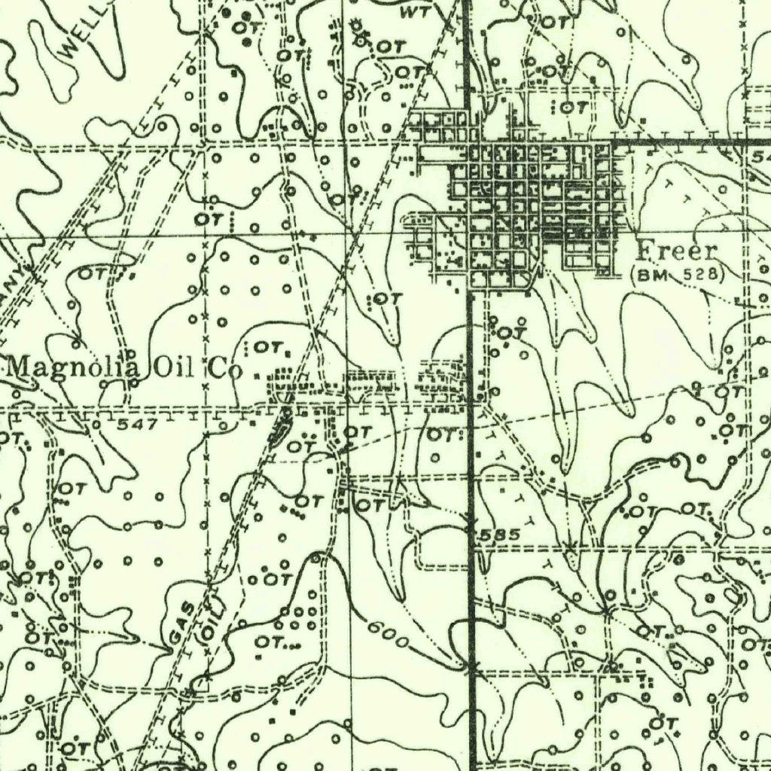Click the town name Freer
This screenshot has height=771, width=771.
pyautogui.click(x=677, y=251)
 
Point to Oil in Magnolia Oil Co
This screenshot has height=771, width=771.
pyautogui.click(x=172, y=369)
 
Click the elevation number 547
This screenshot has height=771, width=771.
pyautogui.click(x=137, y=424)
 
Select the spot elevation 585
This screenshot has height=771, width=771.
pyautogui.click(x=499, y=534)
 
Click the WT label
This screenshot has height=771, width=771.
pyautogui.click(x=413, y=13)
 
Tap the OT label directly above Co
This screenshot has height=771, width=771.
pyautogui.click(x=267, y=348)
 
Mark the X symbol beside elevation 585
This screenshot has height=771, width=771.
pyautogui.click(x=471, y=520)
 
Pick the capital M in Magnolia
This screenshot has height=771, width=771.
pyautogui.click(x=18, y=368)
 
